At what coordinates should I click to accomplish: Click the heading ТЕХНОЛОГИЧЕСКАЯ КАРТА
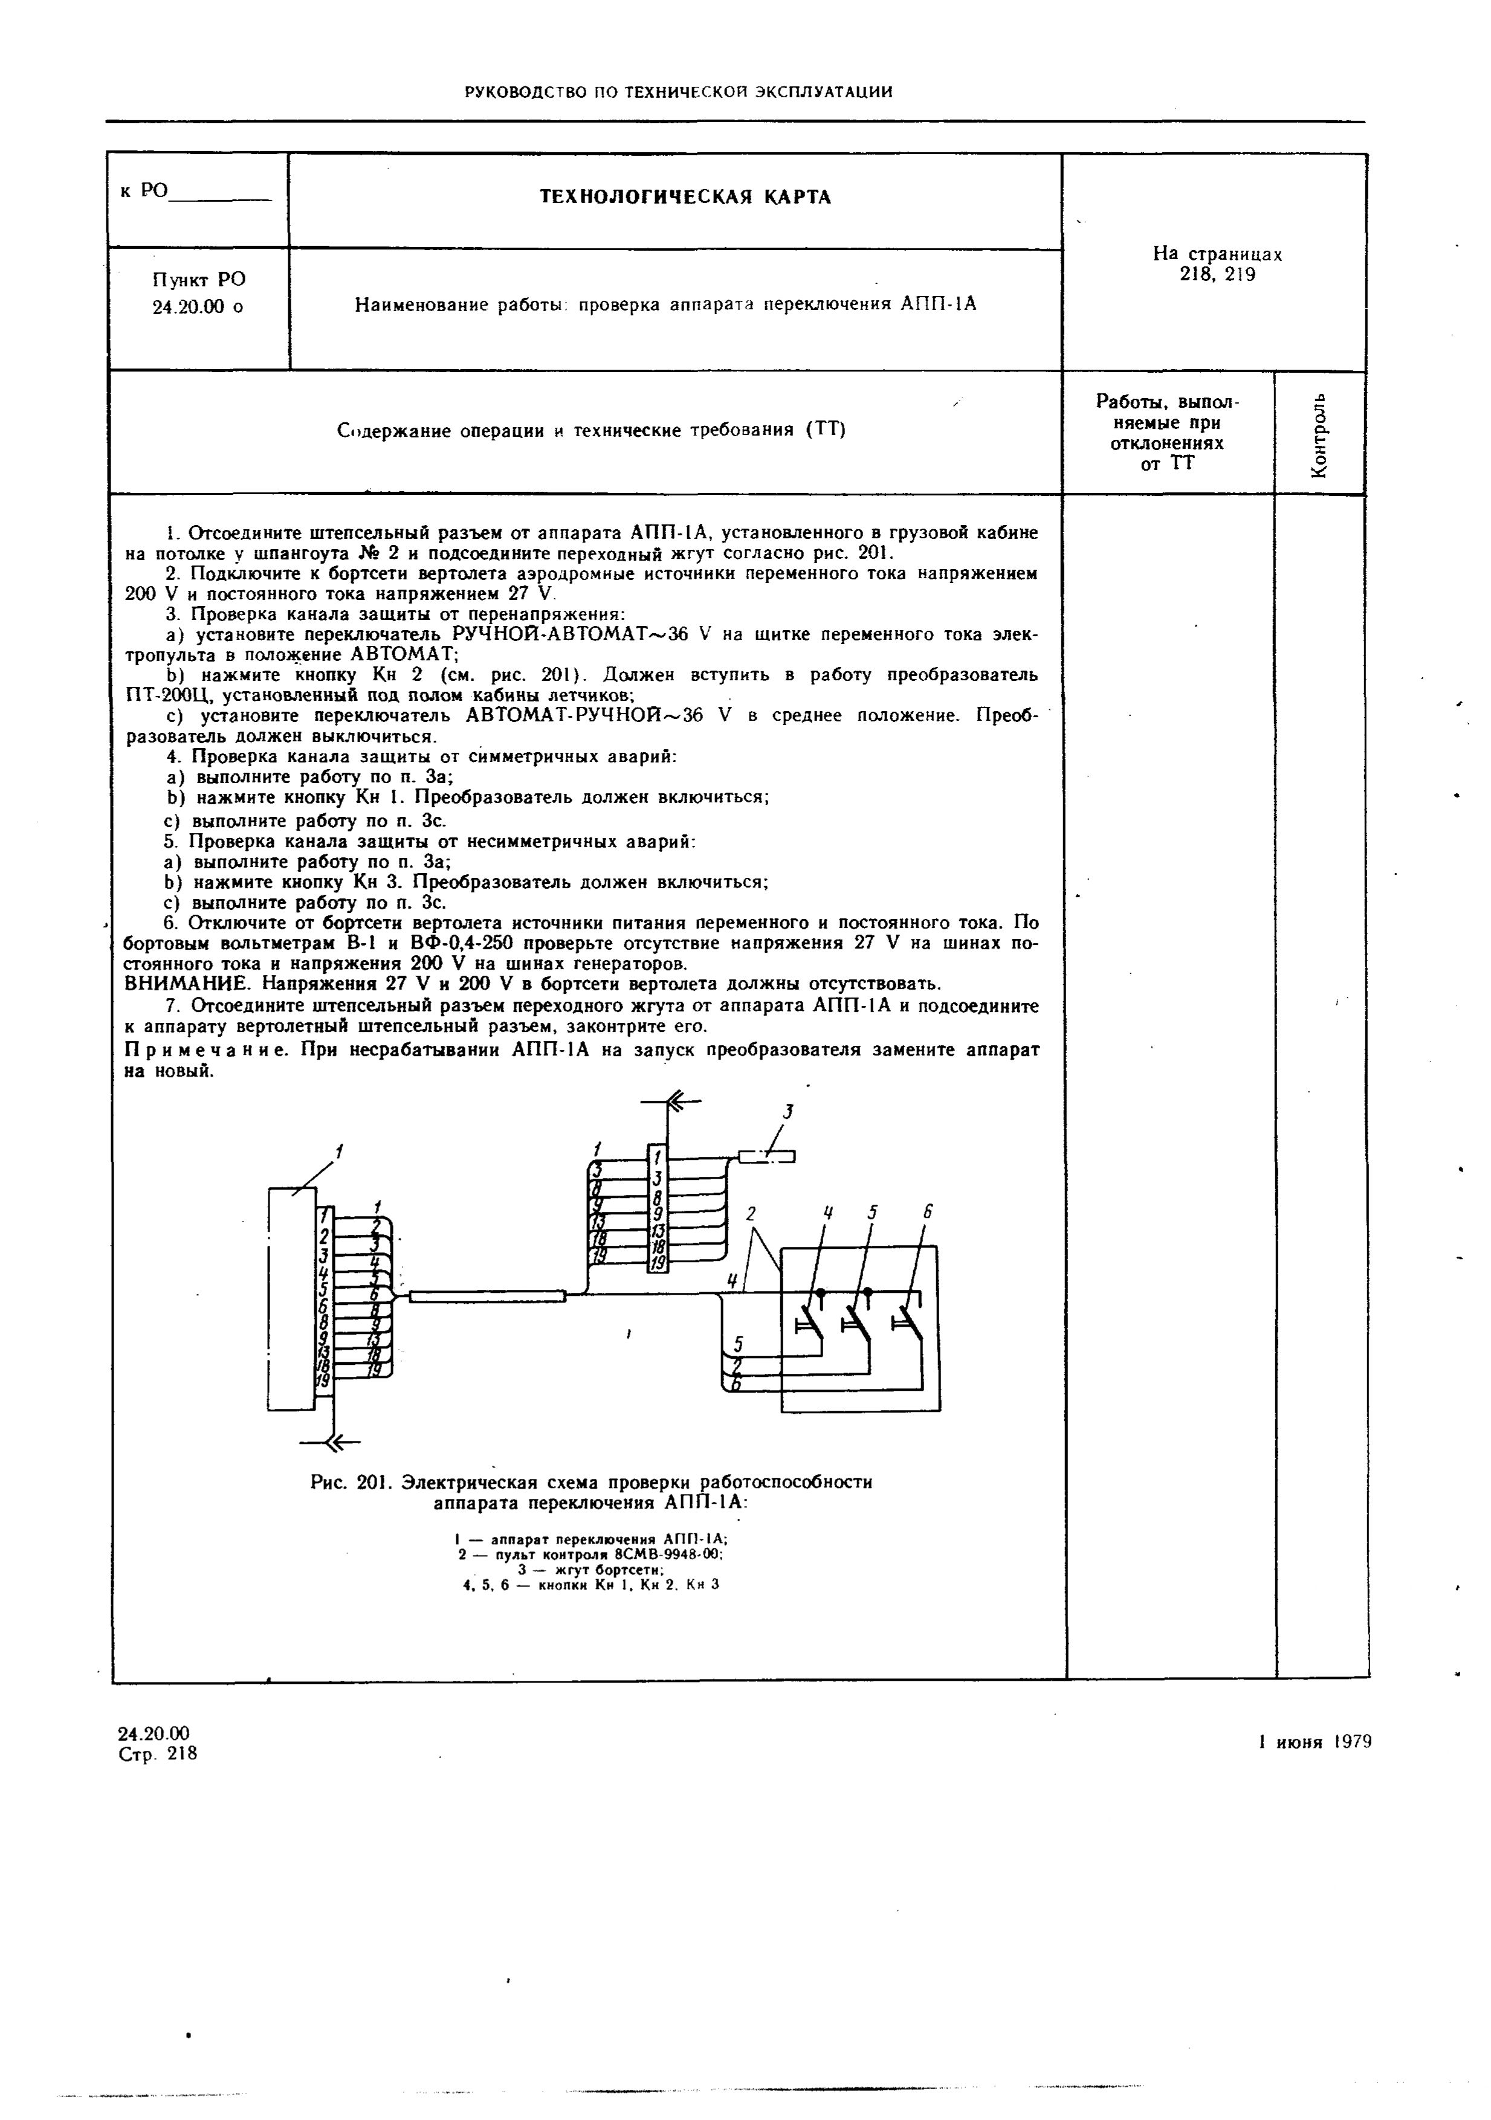pyautogui.click(x=685, y=198)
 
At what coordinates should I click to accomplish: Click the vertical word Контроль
pyautogui.click(x=1319, y=434)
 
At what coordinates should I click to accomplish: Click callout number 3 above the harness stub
pyautogui.click(x=790, y=1110)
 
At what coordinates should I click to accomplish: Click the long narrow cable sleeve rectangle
pyautogui.click(x=487, y=1297)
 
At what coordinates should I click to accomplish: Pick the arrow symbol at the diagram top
pyautogui.click(x=682, y=1101)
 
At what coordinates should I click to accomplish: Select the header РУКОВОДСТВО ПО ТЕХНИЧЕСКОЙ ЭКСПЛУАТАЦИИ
pyautogui.click(x=678, y=91)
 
